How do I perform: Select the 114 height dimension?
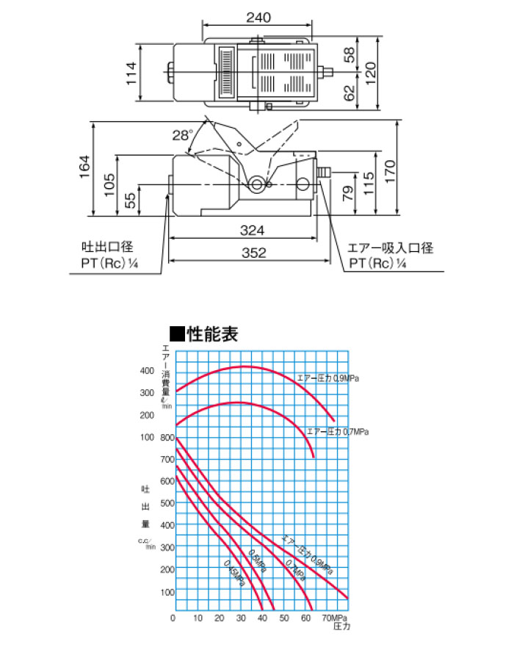(x=133, y=73)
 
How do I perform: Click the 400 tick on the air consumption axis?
(x=147, y=370)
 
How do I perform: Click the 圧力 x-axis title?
(x=342, y=629)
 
